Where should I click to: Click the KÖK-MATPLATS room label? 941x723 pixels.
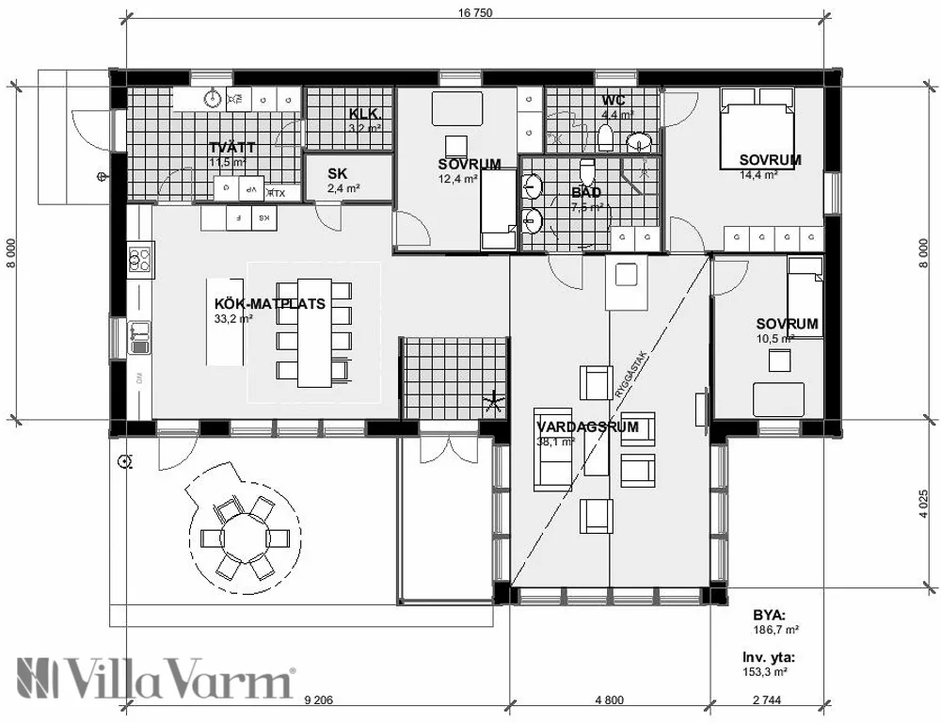pyautogui.click(x=270, y=304)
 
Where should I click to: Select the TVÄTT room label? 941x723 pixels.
pyautogui.click(x=231, y=148)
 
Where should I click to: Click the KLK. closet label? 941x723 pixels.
pyautogui.click(x=364, y=114)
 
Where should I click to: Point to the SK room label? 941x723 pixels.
pyautogui.click(x=337, y=174)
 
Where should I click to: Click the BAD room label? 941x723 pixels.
pyautogui.click(x=586, y=193)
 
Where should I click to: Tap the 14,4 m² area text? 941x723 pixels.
pyautogui.click(x=758, y=174)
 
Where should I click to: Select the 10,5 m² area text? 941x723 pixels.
pyautogui.click(x=775, y=338)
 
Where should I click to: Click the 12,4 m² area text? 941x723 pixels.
pyautogui.click(x=458, y=178)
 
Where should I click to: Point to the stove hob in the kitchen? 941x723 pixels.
pyautogui.click(x=141, y=258)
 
